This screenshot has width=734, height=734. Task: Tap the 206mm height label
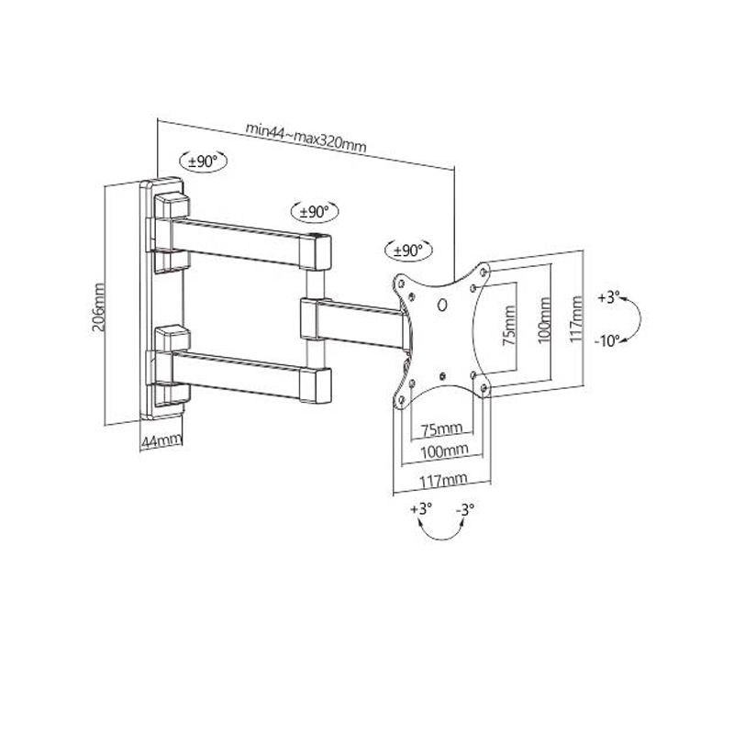98,307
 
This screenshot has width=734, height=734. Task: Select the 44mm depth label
161,440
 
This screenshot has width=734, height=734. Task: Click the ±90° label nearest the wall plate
203,161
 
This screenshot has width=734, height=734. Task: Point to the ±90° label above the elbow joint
315,212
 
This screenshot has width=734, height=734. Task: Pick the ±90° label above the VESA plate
408,250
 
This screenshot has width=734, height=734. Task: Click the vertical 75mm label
509,326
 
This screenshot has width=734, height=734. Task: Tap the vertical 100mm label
544,320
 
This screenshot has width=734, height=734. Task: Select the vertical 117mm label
576,319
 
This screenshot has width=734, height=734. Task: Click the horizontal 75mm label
442,428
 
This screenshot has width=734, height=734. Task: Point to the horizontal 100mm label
444,451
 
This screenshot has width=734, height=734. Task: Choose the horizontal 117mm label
443,480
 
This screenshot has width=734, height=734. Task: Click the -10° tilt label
607,340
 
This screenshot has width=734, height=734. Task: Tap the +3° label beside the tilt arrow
609,297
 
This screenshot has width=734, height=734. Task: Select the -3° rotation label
465,509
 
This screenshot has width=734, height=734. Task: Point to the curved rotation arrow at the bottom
443,539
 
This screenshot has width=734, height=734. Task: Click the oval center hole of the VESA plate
442,306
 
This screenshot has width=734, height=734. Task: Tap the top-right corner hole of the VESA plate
484,271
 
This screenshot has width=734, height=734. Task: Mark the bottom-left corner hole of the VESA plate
401,400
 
